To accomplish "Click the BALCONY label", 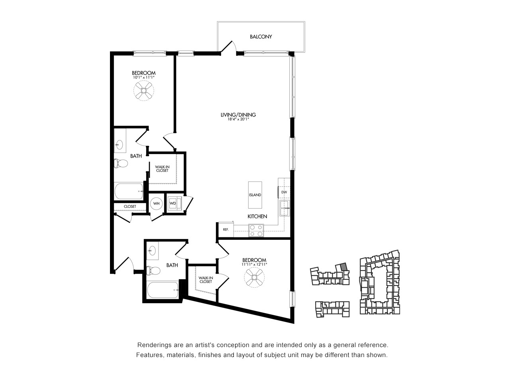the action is tap(261, 37).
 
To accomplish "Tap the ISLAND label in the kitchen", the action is tap(255, 195).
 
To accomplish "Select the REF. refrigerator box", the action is tap(226, 229).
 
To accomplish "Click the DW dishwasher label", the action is tap(284, 192).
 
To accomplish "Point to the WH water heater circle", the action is tap(156, 203).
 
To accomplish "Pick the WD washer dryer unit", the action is tap(175, 203).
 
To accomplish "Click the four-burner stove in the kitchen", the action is tap(256, 230).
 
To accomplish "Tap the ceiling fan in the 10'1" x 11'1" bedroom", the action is tap(144, 91).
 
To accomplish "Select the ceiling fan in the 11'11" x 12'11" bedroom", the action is tap(254, 277).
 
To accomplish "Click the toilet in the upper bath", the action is tap(121, 163).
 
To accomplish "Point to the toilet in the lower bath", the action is tap(153, 270).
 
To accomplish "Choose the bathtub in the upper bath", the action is tap(129, 191).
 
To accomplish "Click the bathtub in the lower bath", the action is tap(163, 290).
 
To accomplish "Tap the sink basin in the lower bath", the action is tap(153, 251).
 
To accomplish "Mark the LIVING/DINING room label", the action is tap(238, 115).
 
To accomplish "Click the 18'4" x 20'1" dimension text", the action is tap(238, 119).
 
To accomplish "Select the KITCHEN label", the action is tap(257, 216).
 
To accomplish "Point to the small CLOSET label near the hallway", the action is tap(130, 207).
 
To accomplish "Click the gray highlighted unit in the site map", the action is tap(344, 267).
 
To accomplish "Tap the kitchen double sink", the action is tap(285, 208).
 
